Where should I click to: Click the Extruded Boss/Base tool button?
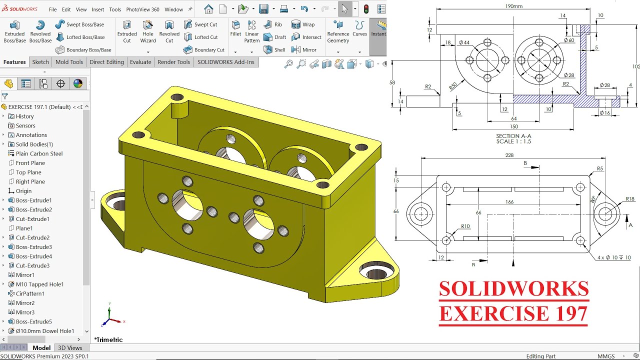(14, 31)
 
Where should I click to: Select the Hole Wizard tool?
(148, 31)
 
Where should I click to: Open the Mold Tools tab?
(69, 62)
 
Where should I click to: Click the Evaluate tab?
(140, 62)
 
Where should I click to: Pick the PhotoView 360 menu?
(142, 9)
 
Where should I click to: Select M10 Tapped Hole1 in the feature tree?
(39, 284)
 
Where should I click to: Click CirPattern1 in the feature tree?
(30, 293)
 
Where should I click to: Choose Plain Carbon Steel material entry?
(39, 153)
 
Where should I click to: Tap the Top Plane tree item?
(28, 172)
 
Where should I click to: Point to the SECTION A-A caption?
(513, 136)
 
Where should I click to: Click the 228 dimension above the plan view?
(509, 155)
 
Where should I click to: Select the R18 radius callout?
(629, 199)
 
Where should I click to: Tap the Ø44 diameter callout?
(463, 42)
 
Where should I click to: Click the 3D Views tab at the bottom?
(70, 348)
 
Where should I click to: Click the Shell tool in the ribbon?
(274, 50)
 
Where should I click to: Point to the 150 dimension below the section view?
(514, 127)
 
